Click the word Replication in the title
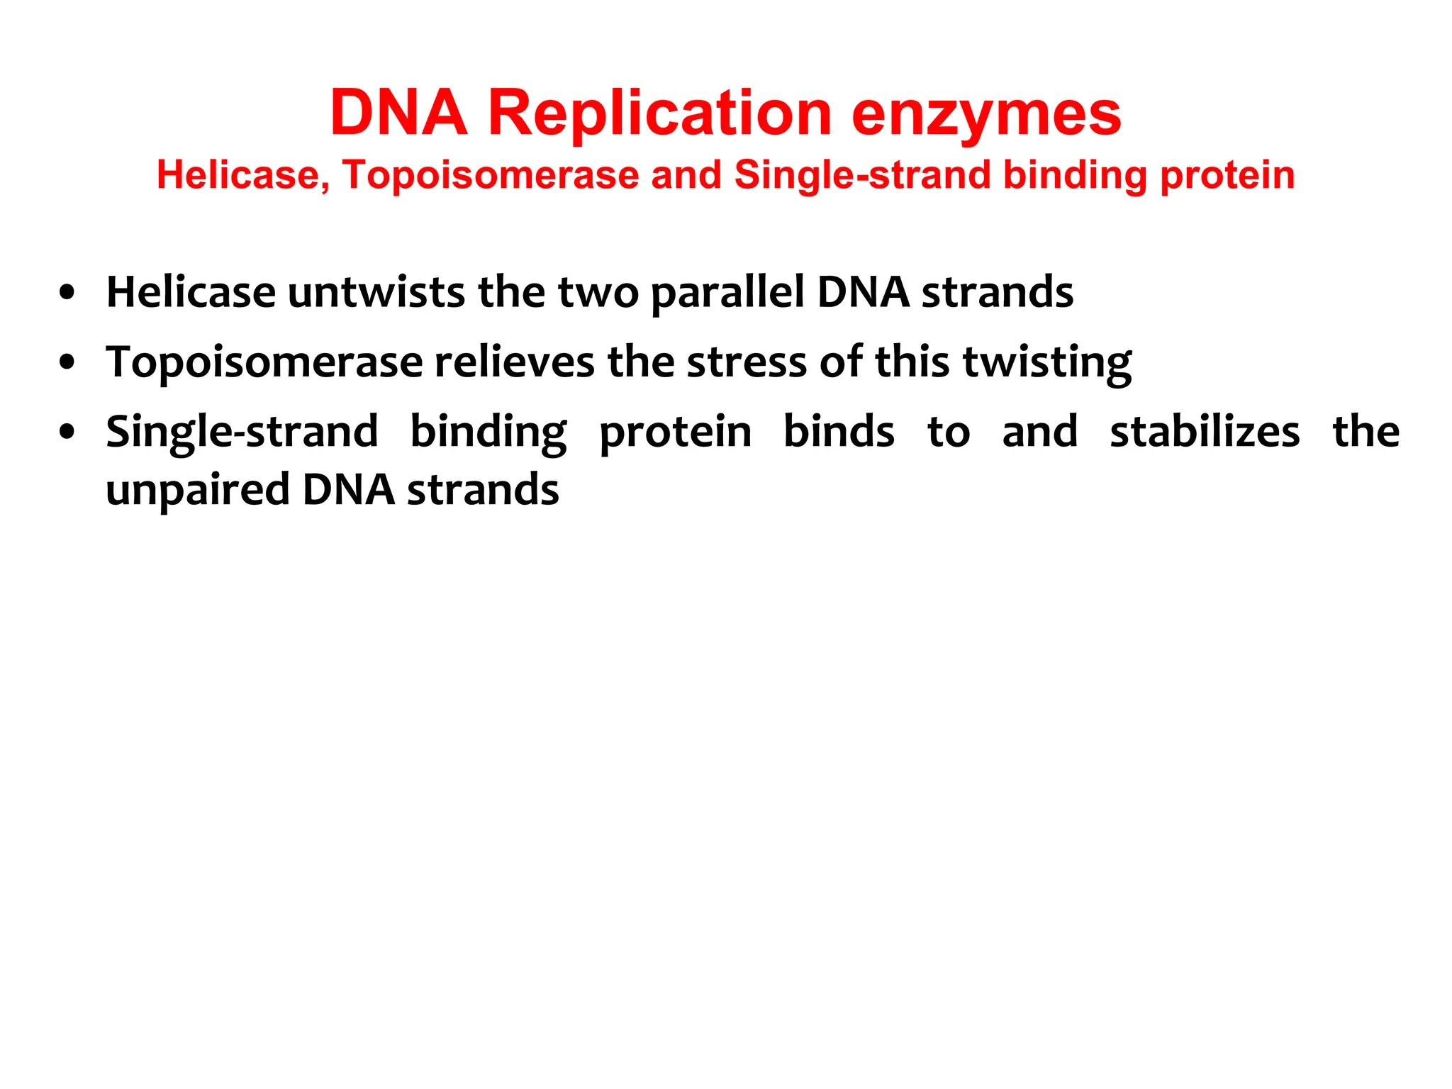659,113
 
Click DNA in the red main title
398,113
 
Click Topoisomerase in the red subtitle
490,175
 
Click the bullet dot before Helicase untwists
67,293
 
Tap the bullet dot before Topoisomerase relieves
67,363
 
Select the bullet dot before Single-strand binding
67,432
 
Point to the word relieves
515,362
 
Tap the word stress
747,363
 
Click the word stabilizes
1205,432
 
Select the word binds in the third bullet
839,432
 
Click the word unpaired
198,491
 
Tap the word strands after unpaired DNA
483,490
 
